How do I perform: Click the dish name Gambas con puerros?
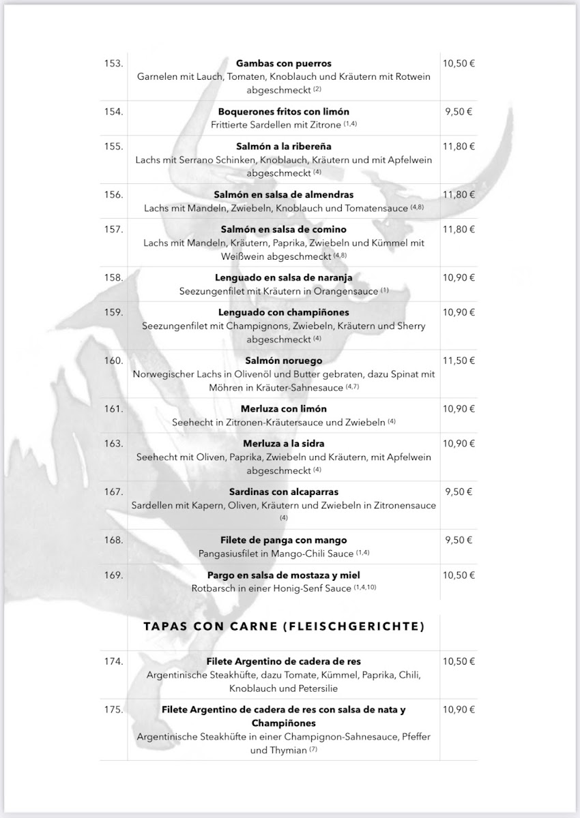point(283,63)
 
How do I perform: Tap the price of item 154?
point(459,111)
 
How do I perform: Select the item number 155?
point(113,146)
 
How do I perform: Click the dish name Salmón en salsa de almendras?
point(283,194)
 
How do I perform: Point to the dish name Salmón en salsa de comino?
point(283,229)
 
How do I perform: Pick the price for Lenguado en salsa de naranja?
point(459,277)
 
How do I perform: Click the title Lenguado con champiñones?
point(283,312)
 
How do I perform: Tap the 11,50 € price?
point(459,361)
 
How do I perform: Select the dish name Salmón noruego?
point(283,361)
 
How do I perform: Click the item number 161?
point(113,409)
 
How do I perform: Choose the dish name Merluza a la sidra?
point(283,443)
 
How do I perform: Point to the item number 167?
point(113,491)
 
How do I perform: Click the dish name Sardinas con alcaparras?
point(283,491)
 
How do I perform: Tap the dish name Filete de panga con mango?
point(283,540)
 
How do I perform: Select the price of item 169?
point(459,575)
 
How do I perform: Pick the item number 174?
point(113,661)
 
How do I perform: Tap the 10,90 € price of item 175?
point(459,710)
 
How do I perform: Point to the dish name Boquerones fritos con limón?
point(283,111)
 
